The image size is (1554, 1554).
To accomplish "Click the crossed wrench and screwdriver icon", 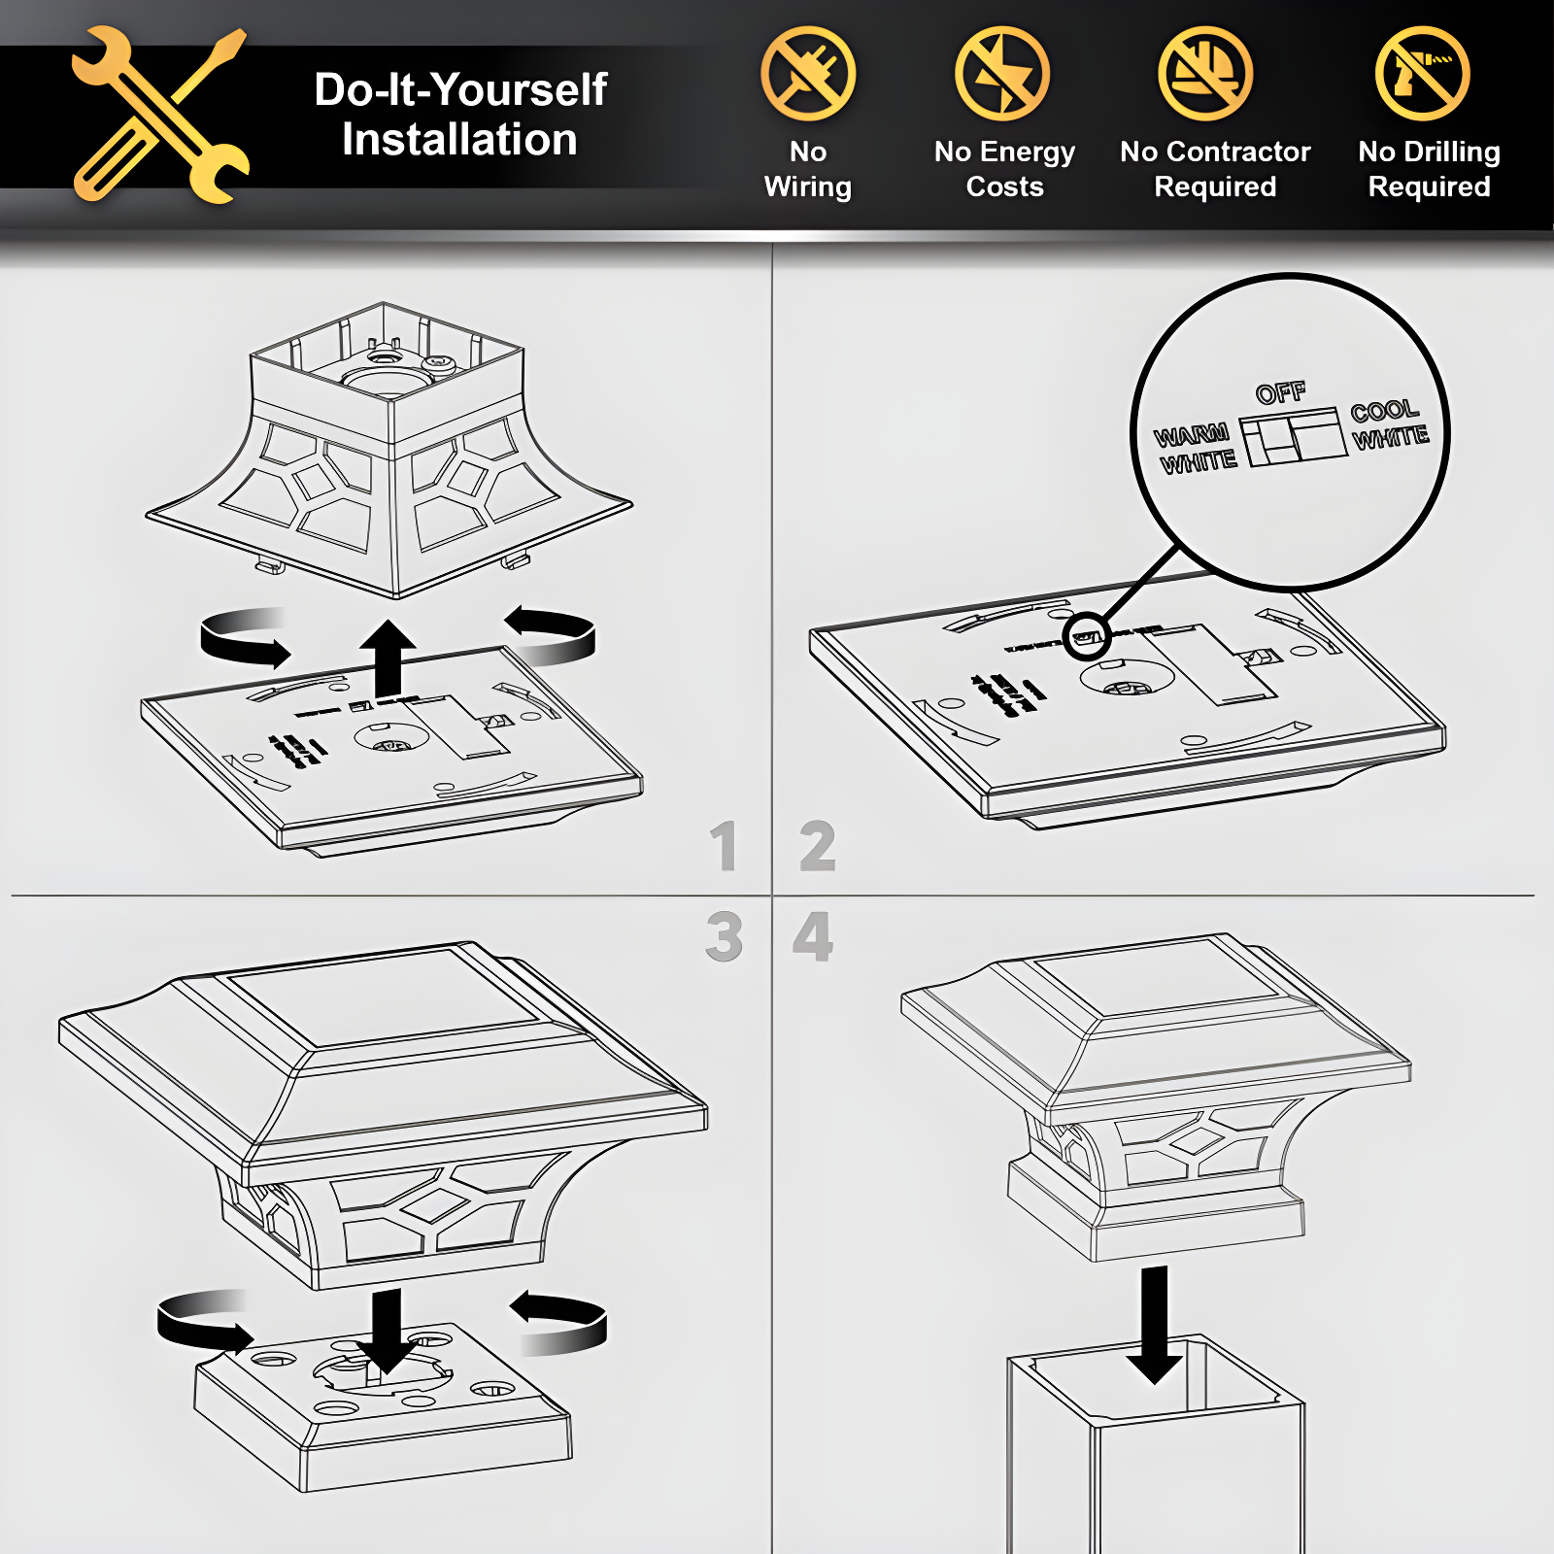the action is (161, 115).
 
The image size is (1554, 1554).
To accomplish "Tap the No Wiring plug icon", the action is (808, 74).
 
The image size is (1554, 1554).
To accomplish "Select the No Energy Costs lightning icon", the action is (1002, 74).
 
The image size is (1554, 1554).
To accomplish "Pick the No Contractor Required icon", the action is (1205, 74).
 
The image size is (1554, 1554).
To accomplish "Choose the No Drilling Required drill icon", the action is (1423, 74).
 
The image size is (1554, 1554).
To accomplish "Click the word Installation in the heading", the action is (459, 140).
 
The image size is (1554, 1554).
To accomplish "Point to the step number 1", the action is (724, 846).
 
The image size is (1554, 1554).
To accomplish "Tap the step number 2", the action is (818, 846).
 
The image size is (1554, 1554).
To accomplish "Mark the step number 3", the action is (725, 937).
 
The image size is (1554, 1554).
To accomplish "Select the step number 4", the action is (813, 937).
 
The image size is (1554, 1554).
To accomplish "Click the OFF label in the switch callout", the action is (1281, 392).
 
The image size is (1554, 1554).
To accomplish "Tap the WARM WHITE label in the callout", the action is (1196, 448).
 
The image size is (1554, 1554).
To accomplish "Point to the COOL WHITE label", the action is (1390, 425).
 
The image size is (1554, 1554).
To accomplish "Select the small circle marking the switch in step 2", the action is (1086, 637).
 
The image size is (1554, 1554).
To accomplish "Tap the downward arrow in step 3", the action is (387, 1331).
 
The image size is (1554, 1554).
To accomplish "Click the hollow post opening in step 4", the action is (1156, 1379).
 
